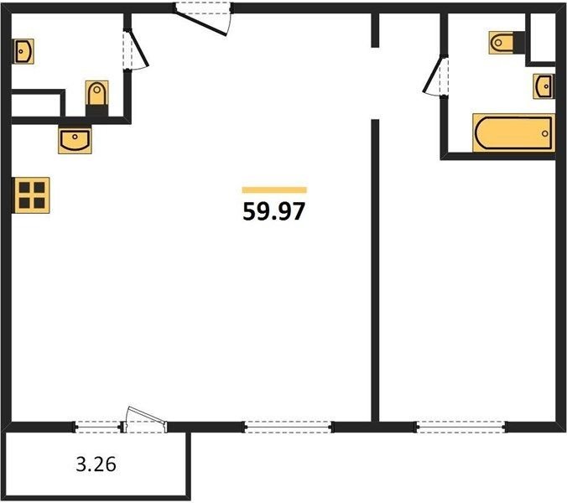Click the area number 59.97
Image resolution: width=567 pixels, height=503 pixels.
click(x=274, y=211)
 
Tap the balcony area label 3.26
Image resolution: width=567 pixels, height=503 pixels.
click(x=96, y=464)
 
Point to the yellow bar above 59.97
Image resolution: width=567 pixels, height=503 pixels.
click(x=274, y=190)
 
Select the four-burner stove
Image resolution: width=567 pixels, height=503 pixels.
click(x=31, y=195)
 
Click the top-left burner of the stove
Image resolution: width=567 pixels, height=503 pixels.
click(x=24, y=188)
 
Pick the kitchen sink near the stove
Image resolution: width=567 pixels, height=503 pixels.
click(x=75, y=139)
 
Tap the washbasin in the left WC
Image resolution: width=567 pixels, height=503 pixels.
click(x=23, y=52)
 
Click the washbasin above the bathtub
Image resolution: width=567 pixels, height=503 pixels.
click(x=544, y=86)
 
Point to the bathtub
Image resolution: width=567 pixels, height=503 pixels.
click(x=513, y=133)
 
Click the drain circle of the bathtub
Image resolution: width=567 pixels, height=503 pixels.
click(x=545, y=133)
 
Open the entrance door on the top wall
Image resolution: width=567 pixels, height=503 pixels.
click(x=202, y=18)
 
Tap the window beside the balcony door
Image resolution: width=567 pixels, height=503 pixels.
click(x=98, y=427)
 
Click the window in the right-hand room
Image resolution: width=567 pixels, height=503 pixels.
click(x=460, y=427)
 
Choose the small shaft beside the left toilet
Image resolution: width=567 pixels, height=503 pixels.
click(x=36, y=105)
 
